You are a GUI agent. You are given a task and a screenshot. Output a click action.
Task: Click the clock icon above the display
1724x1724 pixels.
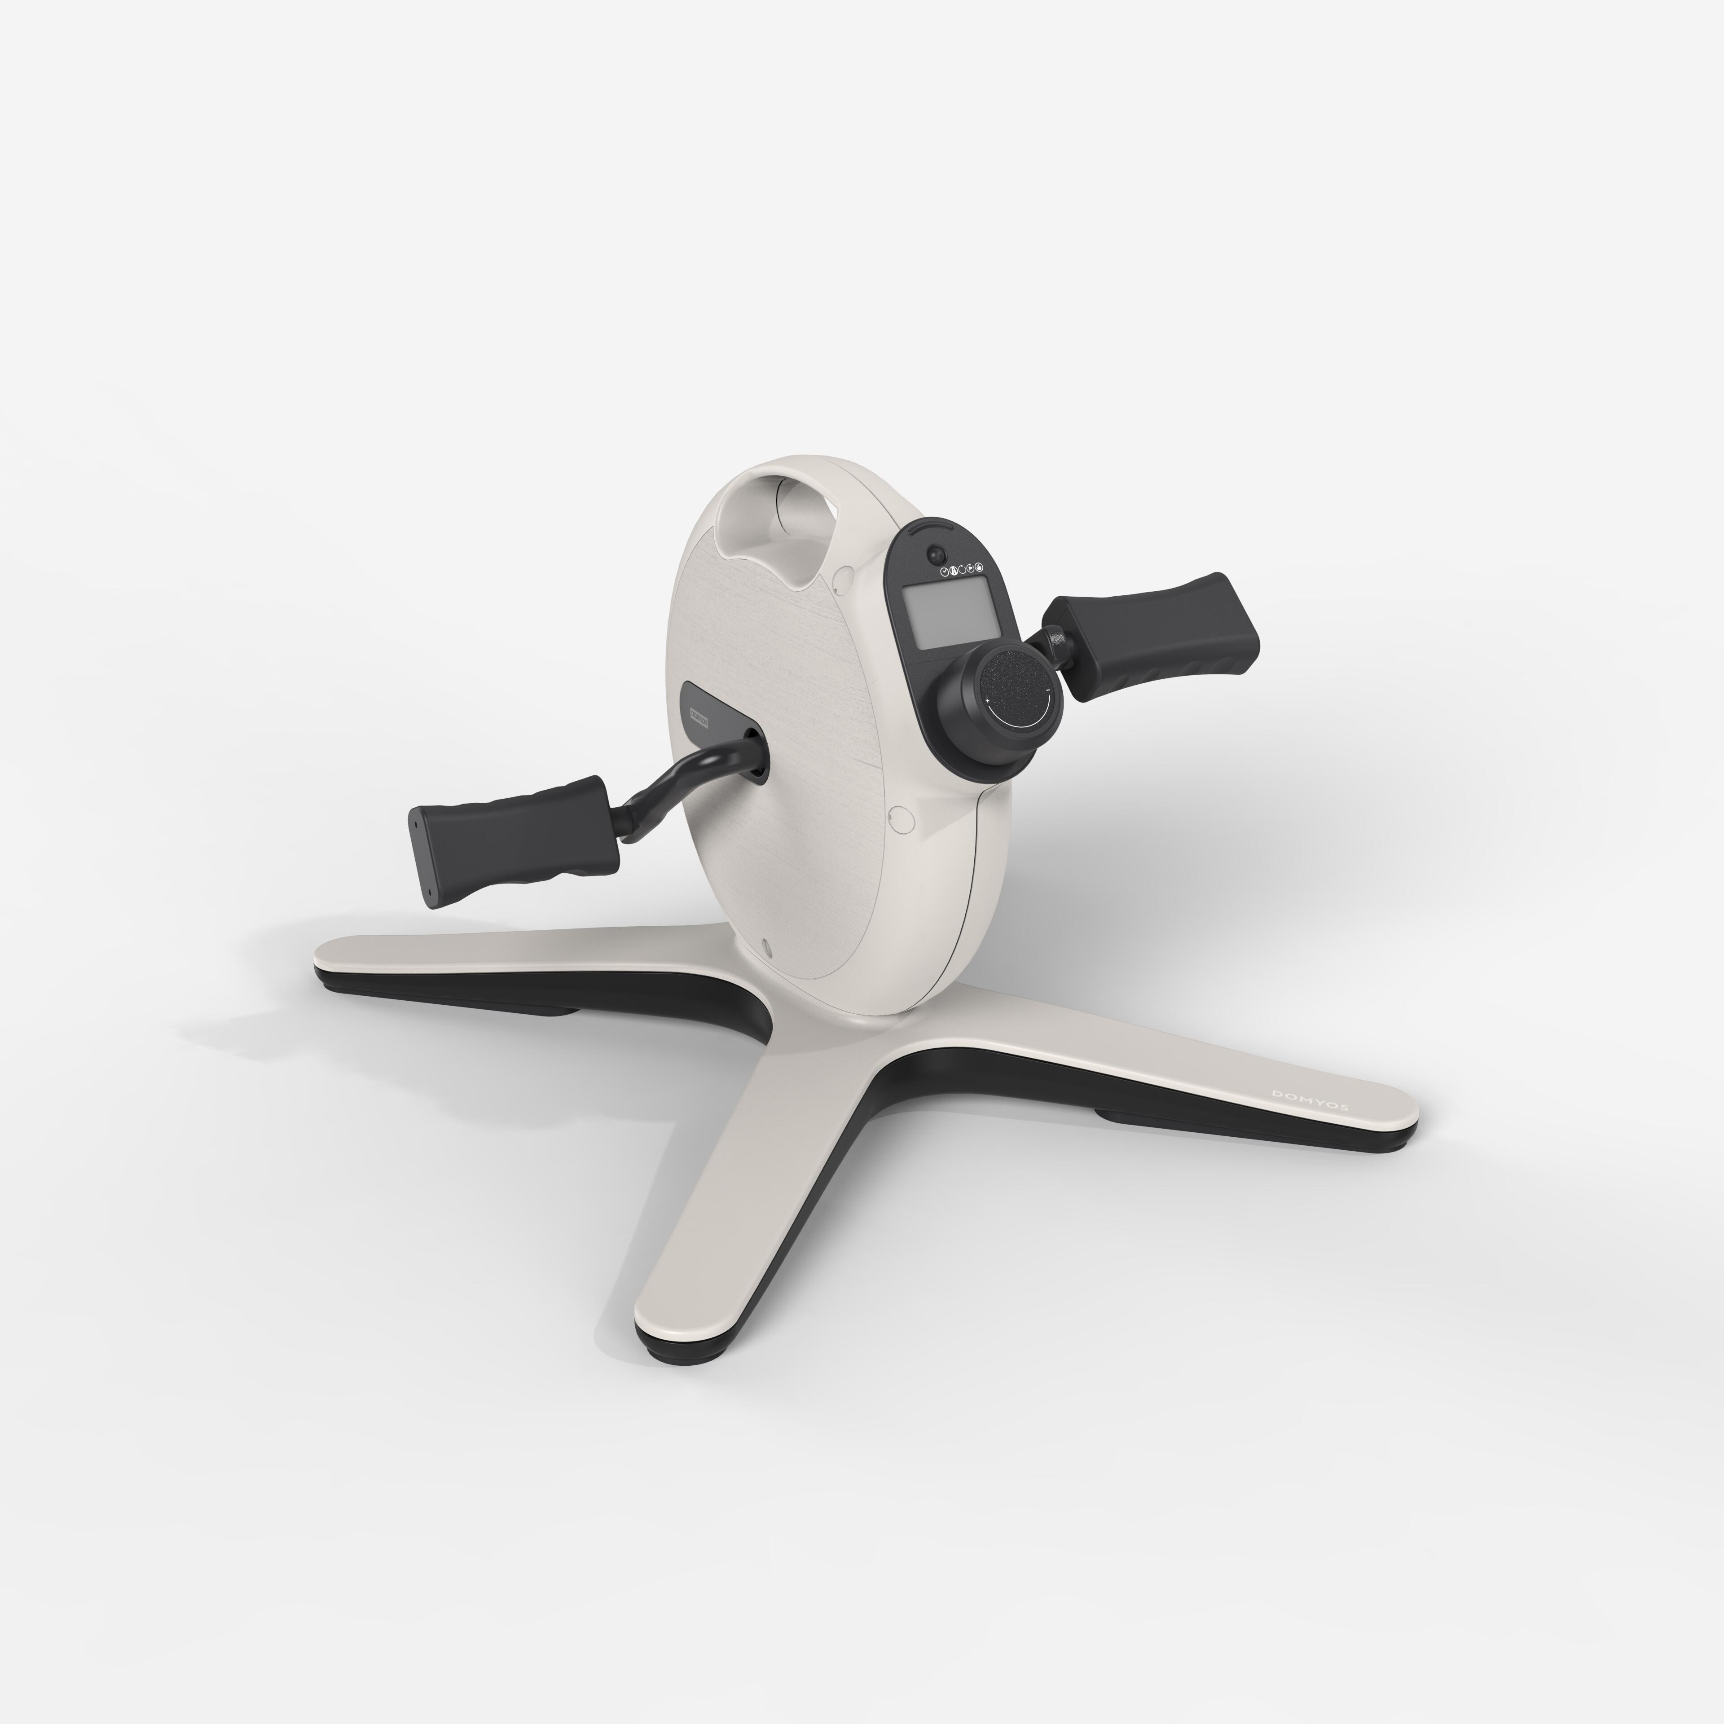(x=945, y=572)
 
